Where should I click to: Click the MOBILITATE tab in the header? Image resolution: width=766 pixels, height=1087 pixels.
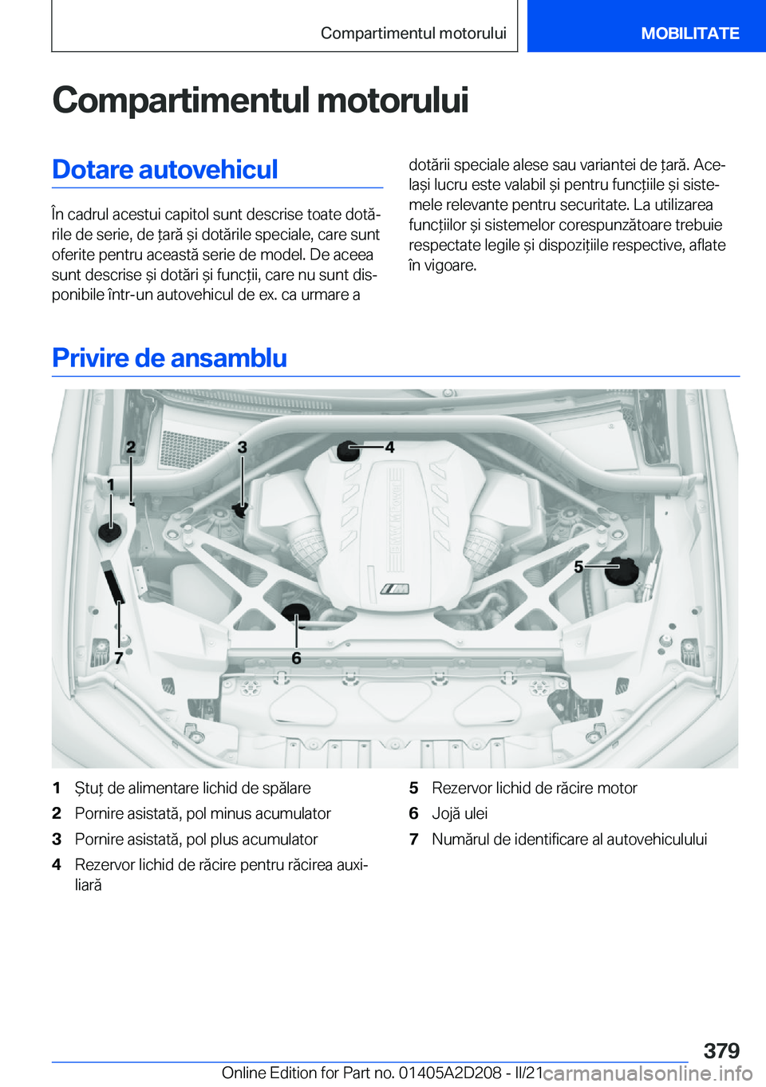tap(690, 34)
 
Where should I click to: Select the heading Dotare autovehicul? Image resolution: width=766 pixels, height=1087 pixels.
tap(165, 169)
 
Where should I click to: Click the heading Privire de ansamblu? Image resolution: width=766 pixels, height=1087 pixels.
tap(169, 358)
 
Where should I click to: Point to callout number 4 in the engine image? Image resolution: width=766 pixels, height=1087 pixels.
tap(389, 448)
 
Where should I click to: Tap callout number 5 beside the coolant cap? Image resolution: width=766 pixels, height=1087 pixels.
tap(579, 567)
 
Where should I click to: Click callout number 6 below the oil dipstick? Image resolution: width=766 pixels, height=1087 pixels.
tap(296, 658)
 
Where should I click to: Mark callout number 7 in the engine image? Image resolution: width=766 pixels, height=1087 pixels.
tap(119, 658)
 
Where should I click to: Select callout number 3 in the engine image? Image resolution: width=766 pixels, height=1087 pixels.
tap(243, 448)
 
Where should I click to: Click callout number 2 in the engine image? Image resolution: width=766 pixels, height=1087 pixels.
tap(131, 448)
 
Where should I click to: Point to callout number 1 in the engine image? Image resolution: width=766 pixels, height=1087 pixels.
tap(111, 484)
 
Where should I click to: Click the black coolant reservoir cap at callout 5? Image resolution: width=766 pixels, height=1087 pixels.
tap(622, 568)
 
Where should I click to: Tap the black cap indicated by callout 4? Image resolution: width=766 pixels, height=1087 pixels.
tap(348, 450)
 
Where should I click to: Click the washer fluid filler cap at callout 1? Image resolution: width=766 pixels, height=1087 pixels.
tap(109, 530)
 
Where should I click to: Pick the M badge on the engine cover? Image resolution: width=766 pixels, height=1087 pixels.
tap(394, 589)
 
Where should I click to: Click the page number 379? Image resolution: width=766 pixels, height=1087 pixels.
tap(721, 1050)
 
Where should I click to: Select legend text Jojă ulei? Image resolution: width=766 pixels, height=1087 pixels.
tap(460, 813)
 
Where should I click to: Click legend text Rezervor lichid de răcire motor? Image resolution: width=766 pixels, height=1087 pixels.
tap(534, 788)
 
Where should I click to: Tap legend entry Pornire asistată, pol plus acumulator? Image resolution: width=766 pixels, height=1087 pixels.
tap(196, 839)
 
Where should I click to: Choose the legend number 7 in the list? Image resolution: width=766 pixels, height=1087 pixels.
tap(413, 839)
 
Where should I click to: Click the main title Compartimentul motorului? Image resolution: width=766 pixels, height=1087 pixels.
tap(260, 101)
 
